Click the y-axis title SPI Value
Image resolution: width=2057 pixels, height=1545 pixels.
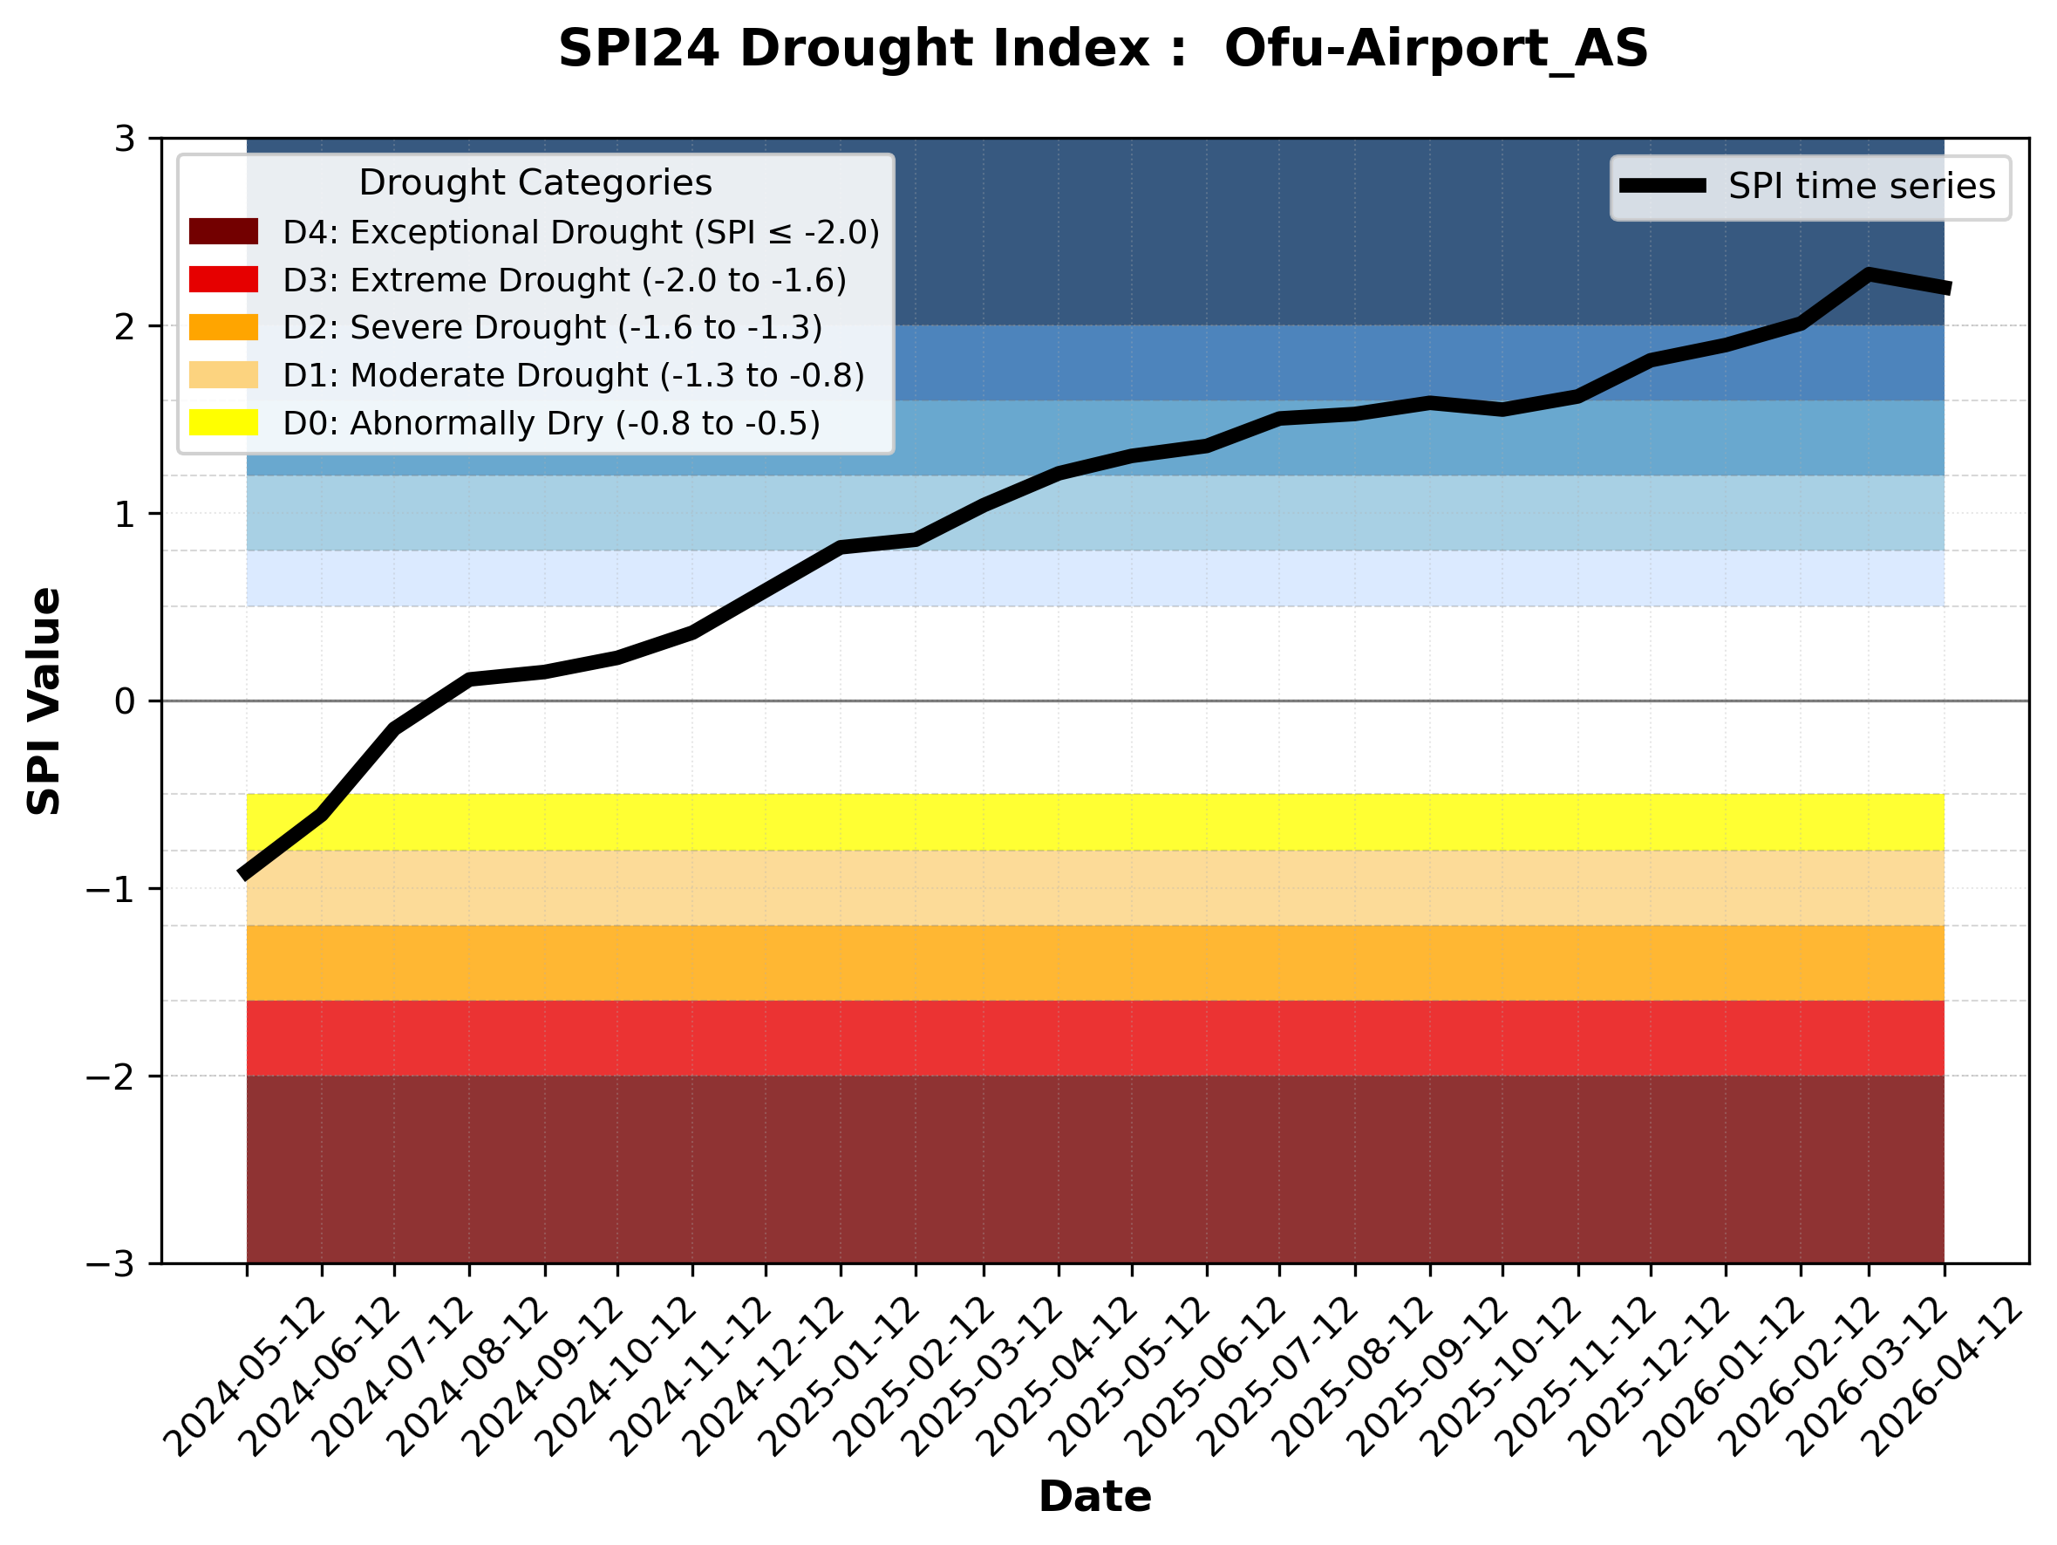pyautogui.click(x=44, y=701)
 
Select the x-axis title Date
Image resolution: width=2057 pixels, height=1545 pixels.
pyautogui.click(x=1094, y=1497)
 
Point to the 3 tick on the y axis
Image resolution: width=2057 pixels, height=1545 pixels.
pyautogui.click(x=125, y=140)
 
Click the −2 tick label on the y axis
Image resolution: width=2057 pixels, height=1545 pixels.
pyautogui.click(x=111, y=1077)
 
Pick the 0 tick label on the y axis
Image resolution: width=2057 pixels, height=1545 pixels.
pyautogui.click(x=125, y=701)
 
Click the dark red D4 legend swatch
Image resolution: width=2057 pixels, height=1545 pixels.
pyautogui.click(x=223, y=231)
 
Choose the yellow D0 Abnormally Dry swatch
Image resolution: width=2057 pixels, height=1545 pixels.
pyautogui.click(x=223, y=422)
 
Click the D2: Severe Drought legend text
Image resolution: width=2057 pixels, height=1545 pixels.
pyautogui.click(x=552, y=327)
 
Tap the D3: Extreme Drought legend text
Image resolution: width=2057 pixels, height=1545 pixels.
pyautogui.click(x=564, y=280)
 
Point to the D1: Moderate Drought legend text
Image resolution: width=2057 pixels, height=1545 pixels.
pyautogui.click(x=574, y=375)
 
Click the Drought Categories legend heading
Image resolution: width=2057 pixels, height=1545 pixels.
pyautogui.click(x=535, y=182)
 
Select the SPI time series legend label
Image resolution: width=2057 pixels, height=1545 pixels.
pyautogui.click(x=1861, y=186)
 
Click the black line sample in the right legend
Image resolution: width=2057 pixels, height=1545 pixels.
pyautogui.click(x=1663, y=186)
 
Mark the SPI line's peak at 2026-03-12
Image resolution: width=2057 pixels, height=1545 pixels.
pyautogui.click(x=1869, y=275)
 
